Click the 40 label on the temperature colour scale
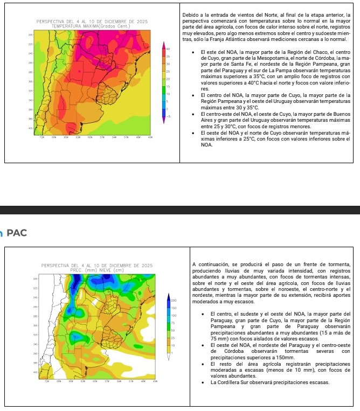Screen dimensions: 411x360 click(x=168, y=48)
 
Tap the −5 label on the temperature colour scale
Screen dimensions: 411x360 click(x=168, y=116)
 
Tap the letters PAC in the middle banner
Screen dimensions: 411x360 click(x=16, y=233)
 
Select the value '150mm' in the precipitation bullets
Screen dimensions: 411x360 click(x=285, y=358)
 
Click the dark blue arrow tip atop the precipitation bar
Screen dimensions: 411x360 click(x=170, y=295)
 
